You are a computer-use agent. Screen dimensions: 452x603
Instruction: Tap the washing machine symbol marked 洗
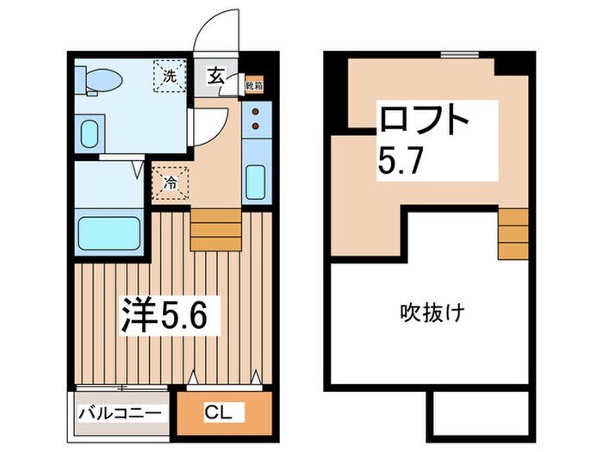coord(170,75)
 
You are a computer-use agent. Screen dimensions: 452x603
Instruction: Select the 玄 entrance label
coord(214,76)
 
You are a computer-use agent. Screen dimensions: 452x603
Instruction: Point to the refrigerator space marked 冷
coord(170,183)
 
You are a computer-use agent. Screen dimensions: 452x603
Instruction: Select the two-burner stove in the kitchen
coord(257,121)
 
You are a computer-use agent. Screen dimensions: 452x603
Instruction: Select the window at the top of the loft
coord(458,54)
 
